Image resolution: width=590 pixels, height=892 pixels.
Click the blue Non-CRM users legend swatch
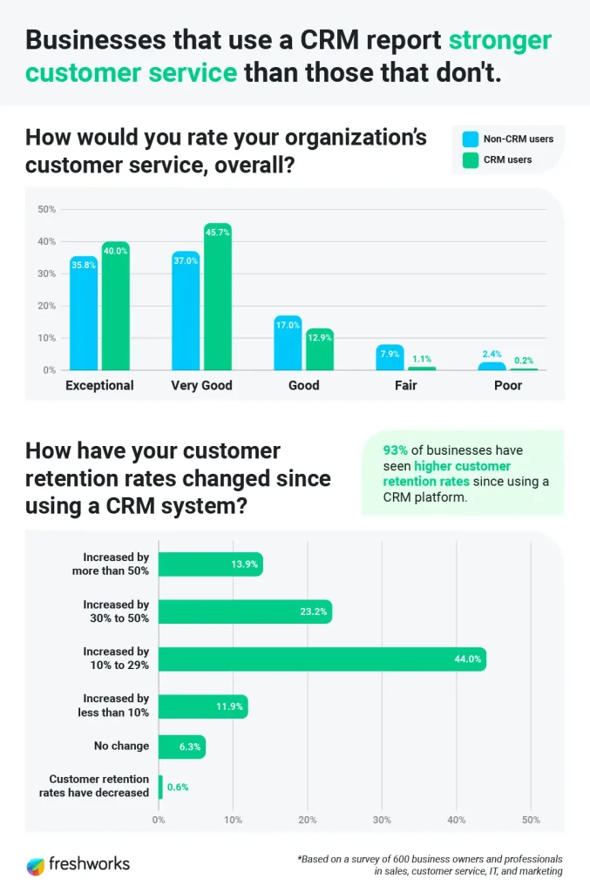pos(471,139)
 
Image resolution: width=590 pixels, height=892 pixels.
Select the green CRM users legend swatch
pos(471,159)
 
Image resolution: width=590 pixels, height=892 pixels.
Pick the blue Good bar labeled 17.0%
pos(288,343)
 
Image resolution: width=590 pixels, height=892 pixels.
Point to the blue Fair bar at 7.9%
pos(390,357)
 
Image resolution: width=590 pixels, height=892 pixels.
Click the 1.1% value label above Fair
pos(422,358)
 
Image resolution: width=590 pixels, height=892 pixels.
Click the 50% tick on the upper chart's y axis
pos(46,209)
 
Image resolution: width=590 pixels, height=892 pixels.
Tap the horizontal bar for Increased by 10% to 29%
pos(322,659)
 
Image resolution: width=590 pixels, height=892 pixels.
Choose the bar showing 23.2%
pos(245,612)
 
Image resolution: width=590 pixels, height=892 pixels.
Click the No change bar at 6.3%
pos(181,747)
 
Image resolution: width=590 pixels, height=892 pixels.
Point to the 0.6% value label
pos(178,787)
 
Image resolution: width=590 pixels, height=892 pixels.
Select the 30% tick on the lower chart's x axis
pos(382,820)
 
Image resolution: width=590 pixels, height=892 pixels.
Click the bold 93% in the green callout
pos(395,451)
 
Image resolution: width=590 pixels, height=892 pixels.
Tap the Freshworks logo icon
pos(36,865)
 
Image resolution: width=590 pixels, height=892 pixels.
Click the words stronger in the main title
pos(499,40)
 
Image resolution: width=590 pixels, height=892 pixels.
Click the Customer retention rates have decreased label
pos(95,786)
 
